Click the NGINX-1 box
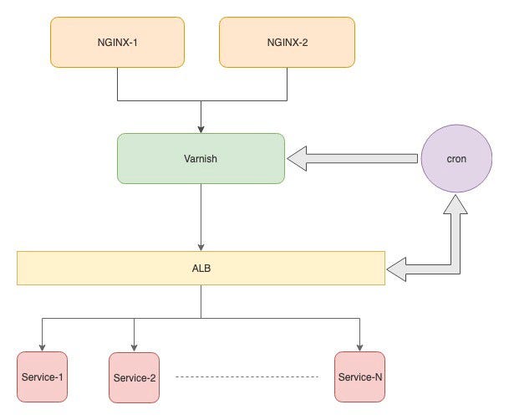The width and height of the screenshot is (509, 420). click(118, 42)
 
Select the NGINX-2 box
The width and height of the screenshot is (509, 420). click(287, 42)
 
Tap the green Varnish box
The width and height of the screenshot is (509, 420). click(201, 157)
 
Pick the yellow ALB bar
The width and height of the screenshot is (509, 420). click(201, 268)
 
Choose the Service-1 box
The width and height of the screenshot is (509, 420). click(42, 377)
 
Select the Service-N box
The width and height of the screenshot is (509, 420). click(359, 377)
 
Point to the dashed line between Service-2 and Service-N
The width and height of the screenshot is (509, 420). click(247, 378)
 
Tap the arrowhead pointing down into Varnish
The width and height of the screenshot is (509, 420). click(201, 128)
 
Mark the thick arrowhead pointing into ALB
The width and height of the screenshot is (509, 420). click(397, 269)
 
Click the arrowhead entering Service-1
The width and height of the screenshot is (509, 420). click(42, 346)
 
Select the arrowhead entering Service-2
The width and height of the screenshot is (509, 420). click(135, 346)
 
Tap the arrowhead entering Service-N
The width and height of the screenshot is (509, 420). click(359, 346)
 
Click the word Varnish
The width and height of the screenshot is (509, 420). click(201, 157)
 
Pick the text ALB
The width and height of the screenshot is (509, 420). click(201, 269)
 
